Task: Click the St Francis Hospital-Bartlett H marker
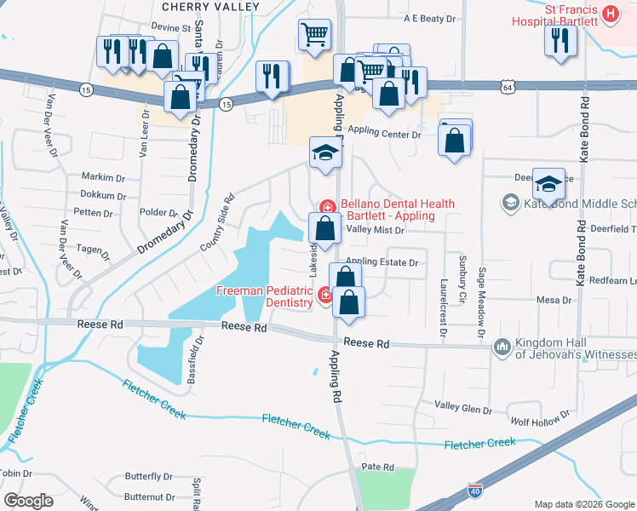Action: coord(610,13)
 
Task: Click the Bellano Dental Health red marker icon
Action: coord(326,206)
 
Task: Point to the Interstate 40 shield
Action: coord(475,492)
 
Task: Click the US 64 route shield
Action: coord(508,87)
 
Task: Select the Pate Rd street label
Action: coord(377,467)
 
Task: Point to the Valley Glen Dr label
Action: coord(463,405)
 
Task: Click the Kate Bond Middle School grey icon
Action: coord(510,203)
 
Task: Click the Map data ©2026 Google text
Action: coord(583,502)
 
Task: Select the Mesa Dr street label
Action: coord(554,300)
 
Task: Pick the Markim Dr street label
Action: coord(104,177)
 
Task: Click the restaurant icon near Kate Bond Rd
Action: coord(560,40)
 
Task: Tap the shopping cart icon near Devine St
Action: coord(314,35)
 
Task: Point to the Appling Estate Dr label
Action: coord(382,262)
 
